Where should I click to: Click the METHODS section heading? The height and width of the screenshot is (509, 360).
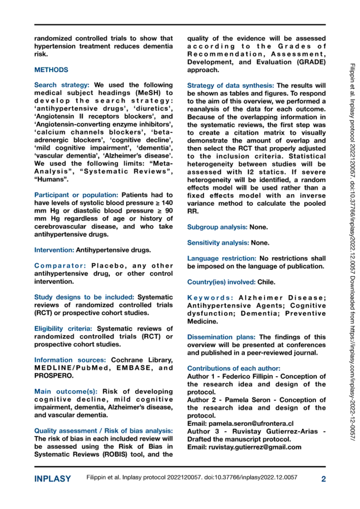pyautogui.click(x=51, y=70)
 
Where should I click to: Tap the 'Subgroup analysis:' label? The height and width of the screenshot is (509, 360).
pyautogui.click(x=217, y=227)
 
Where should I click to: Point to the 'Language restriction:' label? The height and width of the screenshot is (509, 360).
pyautogui.click(x=222, y=258)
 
